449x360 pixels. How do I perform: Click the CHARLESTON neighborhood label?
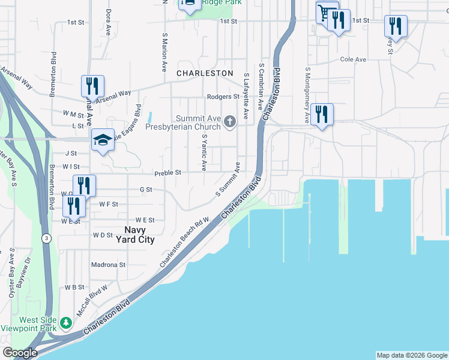(205, 73)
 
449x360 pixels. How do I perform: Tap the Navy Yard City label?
(139, 235)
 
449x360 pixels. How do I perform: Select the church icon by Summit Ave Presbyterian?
(229, 122)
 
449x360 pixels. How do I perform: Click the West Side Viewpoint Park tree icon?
(66, 324)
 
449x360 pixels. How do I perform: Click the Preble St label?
(167, 173)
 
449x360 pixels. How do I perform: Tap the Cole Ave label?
(353, 60)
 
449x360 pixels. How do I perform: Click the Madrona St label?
(108, 264)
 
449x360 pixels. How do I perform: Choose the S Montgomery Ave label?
(307, 95)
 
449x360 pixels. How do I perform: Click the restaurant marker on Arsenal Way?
(92, 86)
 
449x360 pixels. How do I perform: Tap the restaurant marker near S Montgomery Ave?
(322, 114)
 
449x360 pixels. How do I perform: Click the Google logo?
(19, 353)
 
